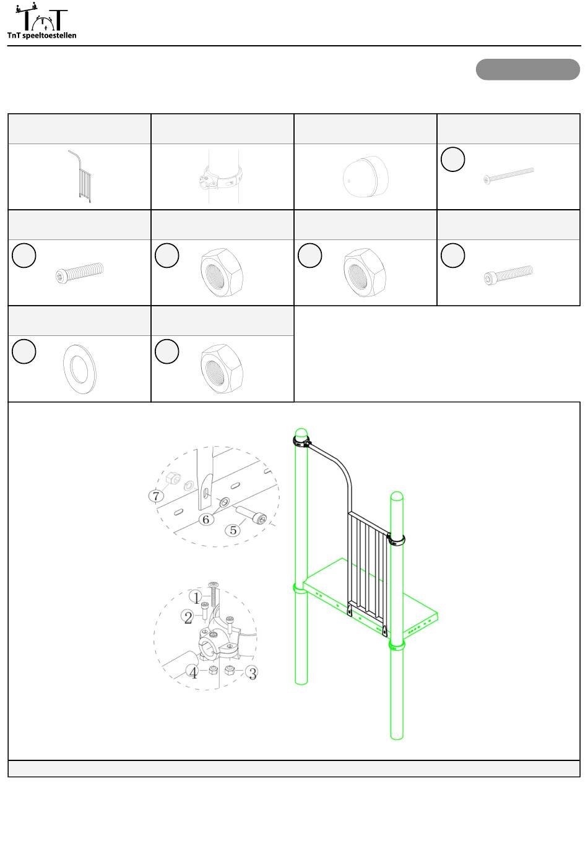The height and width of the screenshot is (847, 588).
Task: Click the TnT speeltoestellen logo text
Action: pyautogui.click(x=41, y=35)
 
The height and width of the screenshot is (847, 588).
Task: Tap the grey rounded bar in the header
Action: pyautogui.click(x=527, y=69)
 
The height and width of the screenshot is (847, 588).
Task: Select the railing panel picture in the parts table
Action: pyautogui.click(x=80, y=176)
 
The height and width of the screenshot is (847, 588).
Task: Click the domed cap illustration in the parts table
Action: pyautogui.click(x=366, y=176)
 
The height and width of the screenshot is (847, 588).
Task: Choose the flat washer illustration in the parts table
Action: pyautogui.click(x=80, y=369)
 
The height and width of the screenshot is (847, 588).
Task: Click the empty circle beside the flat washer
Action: pyautogui.click(x=24, y=351)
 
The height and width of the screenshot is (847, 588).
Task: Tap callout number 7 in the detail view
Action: pyautogui.click(x=156, y=496)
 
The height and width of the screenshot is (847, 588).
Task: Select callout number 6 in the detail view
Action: pyautogui.click(x=206, y=519)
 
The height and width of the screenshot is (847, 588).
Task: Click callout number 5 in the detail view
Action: pyautogui.click(x=233, y=530)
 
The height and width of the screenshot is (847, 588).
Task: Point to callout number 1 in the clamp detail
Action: pyautogui.click(x=196, y=598)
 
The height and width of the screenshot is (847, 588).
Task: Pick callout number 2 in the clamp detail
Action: pyautogui.click(x=188, y=617)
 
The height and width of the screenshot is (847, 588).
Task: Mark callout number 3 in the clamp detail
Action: pyautogui.click(x=253, y=673)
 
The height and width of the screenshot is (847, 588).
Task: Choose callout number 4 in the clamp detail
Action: pyautogui.click(x=193, y=673)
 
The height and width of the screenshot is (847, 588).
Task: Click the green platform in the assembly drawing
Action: pyautogui.click(x=371, y=598)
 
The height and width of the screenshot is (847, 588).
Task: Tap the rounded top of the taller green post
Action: pyautogui.click(x=301, y=433)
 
